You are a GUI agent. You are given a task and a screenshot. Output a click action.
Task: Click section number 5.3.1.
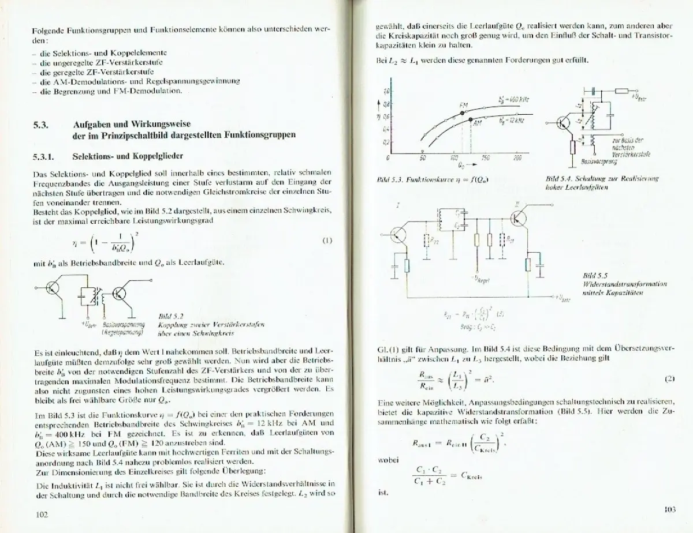point(43,157)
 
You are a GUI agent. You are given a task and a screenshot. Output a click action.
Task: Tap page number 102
point(42,513)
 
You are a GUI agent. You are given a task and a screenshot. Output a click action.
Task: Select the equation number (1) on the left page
point(327,241)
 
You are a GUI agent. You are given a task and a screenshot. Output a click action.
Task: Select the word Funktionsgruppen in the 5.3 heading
point(256,135)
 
